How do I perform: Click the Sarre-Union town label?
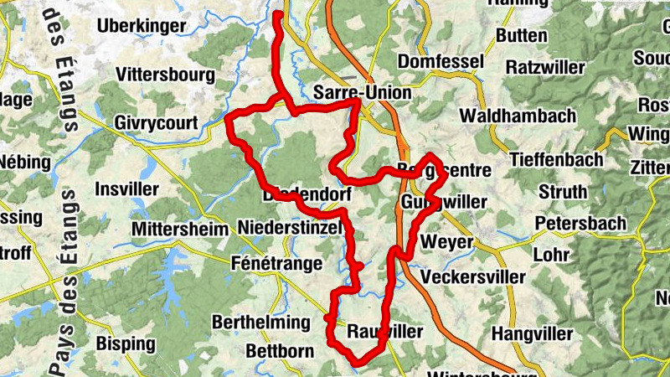tap(362, 92)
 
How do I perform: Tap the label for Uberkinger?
tap(141, 26)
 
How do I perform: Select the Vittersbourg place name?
tap(166, 75)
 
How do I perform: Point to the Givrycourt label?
tap(157, 123)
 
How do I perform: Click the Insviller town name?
tap(127, 188)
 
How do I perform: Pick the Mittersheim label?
tap(180, 229)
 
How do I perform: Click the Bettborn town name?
tap(280, 350)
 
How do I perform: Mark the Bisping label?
tap(126, 343)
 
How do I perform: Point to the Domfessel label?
tap(441, 62)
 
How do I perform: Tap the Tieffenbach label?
tap(556, 159)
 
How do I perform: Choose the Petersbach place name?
tap(580, 224)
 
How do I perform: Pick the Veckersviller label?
tap(473, 276)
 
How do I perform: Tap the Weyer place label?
tap(448, 242)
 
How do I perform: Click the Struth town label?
tap(562, 192)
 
